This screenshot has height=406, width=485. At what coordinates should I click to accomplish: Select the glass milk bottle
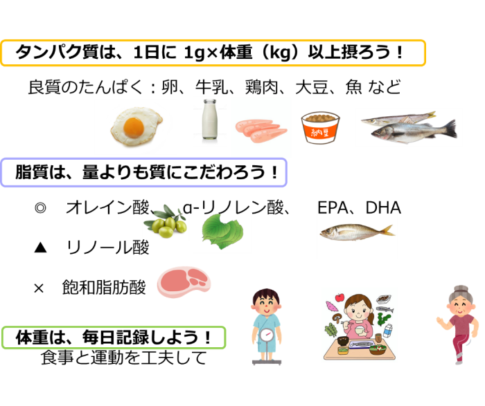click(x=210, y=122)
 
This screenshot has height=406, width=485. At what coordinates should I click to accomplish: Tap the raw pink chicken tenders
click(x=261, y=129)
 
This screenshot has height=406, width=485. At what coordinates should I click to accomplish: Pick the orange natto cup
click(x=320, y=127)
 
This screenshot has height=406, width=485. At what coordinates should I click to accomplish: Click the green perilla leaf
click(x=221, y=232)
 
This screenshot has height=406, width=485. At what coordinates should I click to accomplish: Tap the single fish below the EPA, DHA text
click(x=356, y=231)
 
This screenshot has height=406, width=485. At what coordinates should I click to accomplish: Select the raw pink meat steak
click(x=184, y=282)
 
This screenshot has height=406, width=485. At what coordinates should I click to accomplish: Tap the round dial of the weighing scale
click(x=267, y=335)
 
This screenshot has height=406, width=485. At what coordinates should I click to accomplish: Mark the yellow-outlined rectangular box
click(x=213, y=53)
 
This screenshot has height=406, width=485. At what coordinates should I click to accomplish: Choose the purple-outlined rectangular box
click(x=143, y=173)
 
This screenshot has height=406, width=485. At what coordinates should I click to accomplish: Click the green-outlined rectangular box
click(x=114, y=338)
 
